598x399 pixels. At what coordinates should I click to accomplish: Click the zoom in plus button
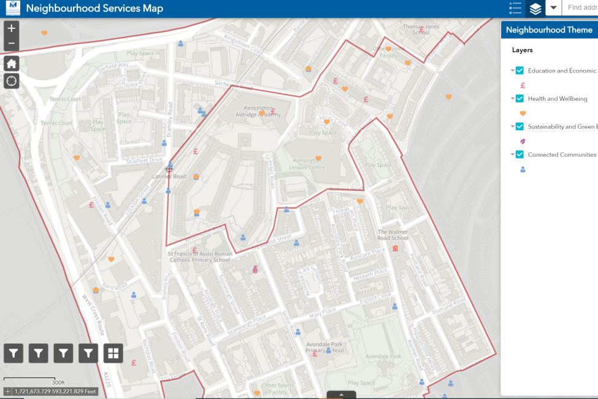coord(12,28)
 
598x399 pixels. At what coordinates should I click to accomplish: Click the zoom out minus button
coord(12,44)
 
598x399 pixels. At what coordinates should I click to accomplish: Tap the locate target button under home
coord(12,81)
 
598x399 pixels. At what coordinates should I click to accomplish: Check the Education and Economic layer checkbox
coord(519,71)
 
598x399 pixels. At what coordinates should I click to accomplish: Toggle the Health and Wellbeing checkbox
coord(519,98)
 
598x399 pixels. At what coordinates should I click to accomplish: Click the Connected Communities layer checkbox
coord(519,155)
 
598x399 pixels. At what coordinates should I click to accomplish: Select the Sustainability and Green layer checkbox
coord(519,126)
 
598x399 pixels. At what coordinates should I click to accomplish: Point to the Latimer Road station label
coord(169,177)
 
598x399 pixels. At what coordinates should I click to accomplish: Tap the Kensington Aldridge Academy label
coord(258,115)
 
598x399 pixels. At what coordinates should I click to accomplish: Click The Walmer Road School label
coord(393,234)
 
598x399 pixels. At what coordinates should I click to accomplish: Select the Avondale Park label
coord(382,356)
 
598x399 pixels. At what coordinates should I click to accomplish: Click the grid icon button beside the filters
coord(113,353)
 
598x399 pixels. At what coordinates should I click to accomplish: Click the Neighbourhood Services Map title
coord(94,9)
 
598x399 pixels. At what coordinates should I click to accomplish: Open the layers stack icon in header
coord(535,9)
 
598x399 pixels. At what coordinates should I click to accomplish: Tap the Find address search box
coord(581,8)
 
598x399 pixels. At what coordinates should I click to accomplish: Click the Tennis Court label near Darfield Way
coord(65,99)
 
